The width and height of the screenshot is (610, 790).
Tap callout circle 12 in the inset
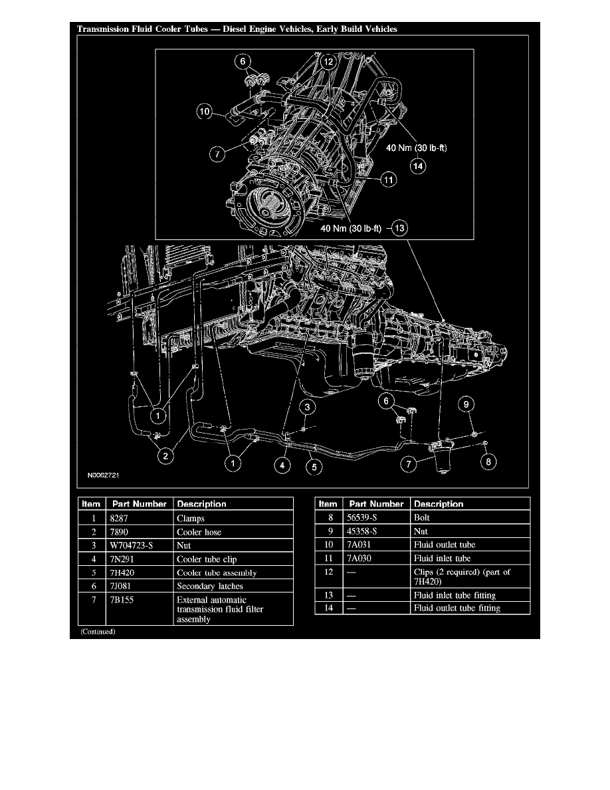[x=328, y=62]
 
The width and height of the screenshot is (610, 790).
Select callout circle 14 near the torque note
[x=417, y=167]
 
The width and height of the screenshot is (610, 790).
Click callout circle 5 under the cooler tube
[x=314, y=467]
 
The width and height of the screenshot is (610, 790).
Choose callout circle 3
[x=306, y=406]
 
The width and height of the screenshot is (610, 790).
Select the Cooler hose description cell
[x=199, y=531]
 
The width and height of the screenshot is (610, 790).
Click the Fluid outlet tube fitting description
[x=456, y=608]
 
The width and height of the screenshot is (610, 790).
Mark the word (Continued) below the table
[x=98, y=632]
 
